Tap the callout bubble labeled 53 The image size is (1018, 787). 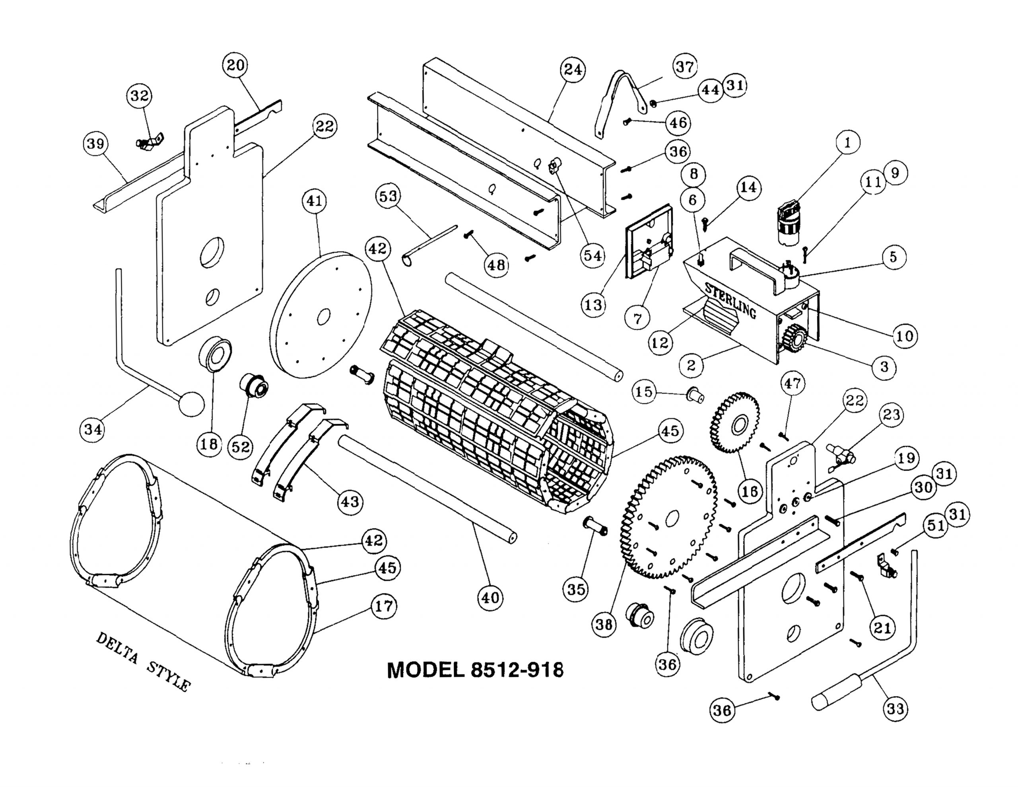[388, 197]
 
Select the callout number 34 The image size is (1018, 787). [93, 429]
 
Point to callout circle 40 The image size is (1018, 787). [490, 598]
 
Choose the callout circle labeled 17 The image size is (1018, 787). [384, 606]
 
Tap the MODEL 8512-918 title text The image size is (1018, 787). [475, 670]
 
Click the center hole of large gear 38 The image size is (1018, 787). [672, 517]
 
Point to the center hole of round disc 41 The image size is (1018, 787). [323, 318]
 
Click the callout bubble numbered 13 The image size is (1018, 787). [593, 305]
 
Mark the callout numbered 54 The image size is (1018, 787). [593, 256]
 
